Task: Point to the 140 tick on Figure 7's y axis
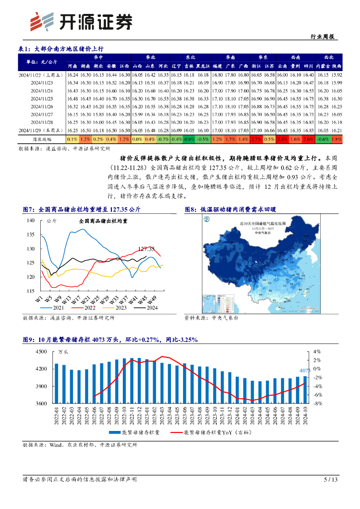[x=30, y=220]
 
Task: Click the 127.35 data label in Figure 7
[x=146, y=249]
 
